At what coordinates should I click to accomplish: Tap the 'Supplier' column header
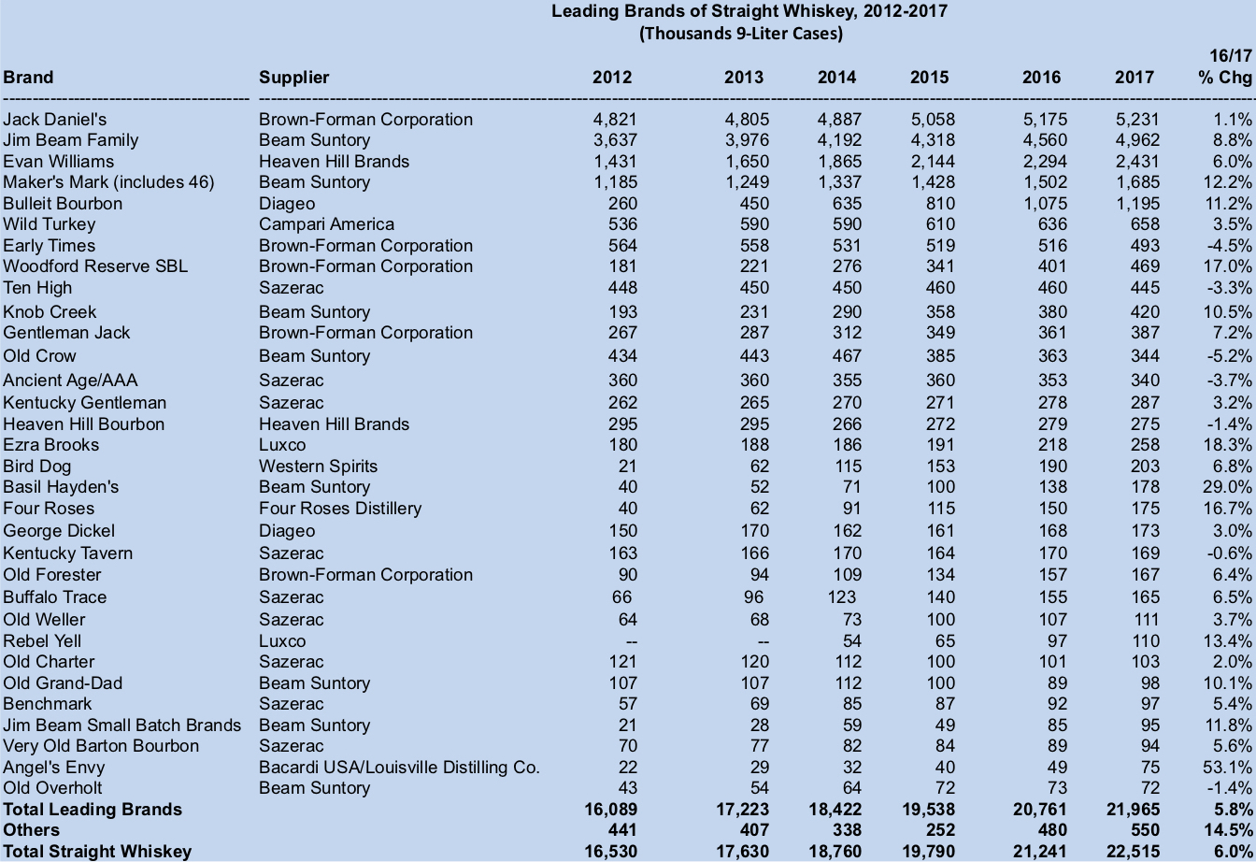tap(294, 78)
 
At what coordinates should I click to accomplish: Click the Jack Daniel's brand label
tap(55, 120)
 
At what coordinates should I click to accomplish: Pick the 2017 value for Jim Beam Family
tap(1136, 140)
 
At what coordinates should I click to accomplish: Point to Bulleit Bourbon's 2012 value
tap(621, 204)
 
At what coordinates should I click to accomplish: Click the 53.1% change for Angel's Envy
tap(1229, 768)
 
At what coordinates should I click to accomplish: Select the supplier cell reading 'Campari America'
tap(326, 224)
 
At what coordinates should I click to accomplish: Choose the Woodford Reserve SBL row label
tap(95, 266)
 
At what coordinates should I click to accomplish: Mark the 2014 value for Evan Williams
tap(839, 162)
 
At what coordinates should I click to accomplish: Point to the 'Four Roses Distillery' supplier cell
tap(340, 509)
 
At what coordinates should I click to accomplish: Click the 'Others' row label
tap(31, 830)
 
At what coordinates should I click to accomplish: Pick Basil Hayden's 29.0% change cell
tap(1229, 487)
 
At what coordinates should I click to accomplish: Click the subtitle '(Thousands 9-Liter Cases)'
tap(740, 34)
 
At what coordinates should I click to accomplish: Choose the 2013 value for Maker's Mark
tap(747, 182)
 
